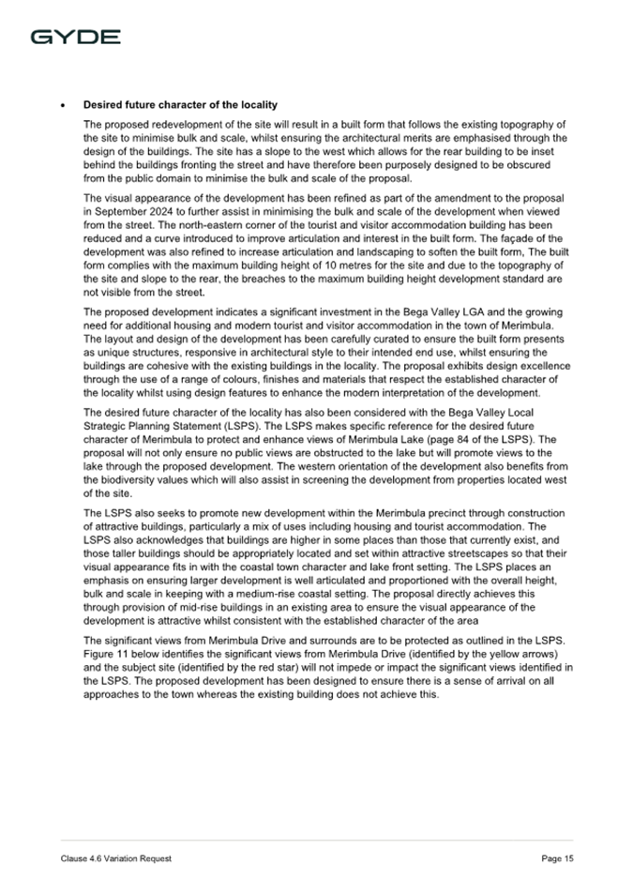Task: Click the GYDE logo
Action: click(x=75, y=38)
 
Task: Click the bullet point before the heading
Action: click(x=62, y=104)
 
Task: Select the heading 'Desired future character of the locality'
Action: click(x=180, y=104)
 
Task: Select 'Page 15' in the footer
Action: click(x=557, y=858)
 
